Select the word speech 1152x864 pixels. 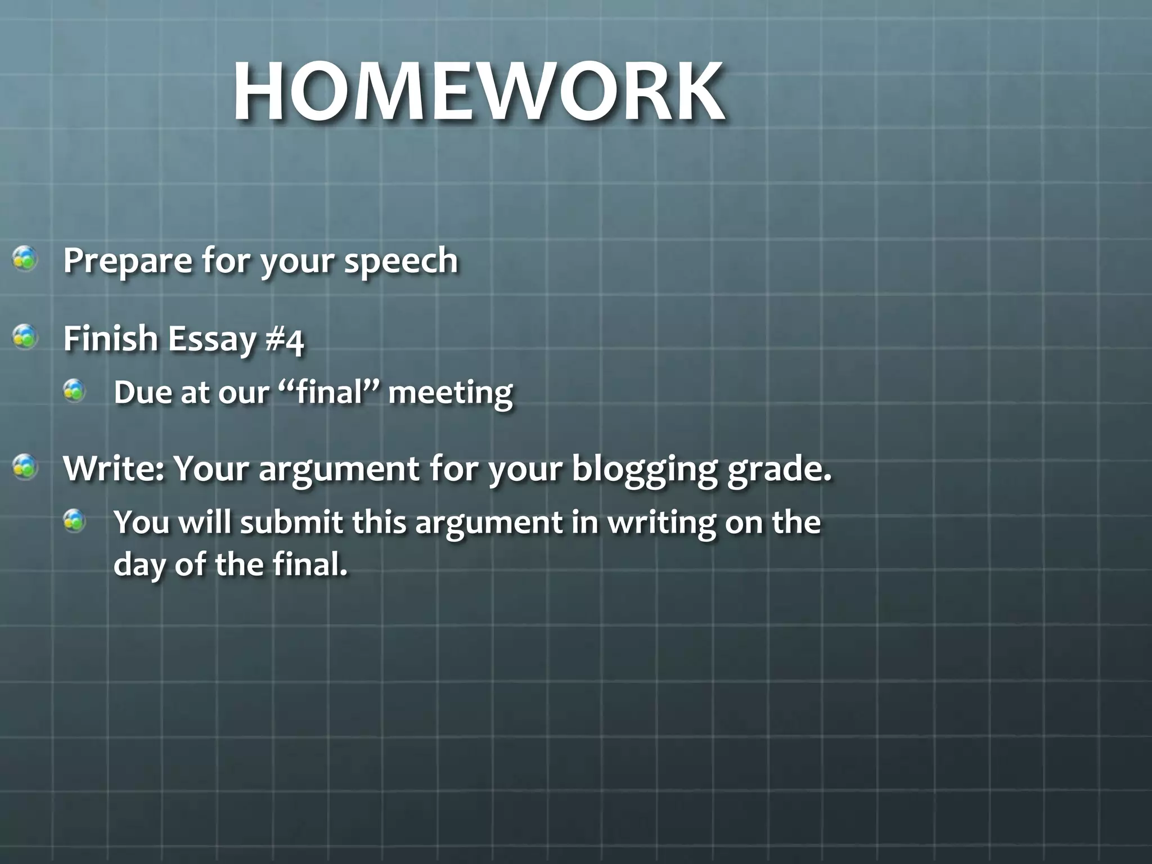[401, 261]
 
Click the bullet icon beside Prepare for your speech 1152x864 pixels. [25, 259]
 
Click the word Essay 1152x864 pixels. [211, 340]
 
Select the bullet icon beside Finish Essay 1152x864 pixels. [25, 337]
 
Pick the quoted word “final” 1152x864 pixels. [328, 392]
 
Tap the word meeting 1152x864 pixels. [451, 393]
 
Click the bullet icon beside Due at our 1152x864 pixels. [74, 390]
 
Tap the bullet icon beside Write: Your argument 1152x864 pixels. [25, 467]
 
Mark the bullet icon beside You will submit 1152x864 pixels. [74, 520]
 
